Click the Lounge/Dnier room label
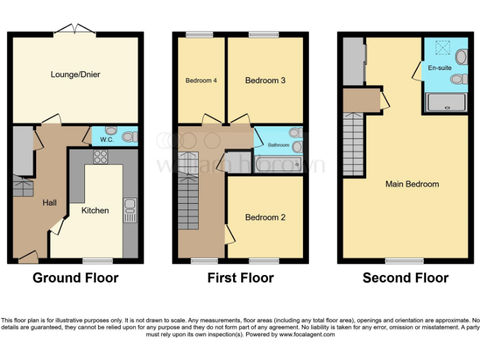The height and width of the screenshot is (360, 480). [x=75, y=75]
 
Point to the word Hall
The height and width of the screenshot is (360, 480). [x=49, y=202]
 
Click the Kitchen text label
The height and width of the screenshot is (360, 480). [x=95, y=211]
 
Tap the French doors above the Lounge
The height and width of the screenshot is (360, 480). [x=74, y=29]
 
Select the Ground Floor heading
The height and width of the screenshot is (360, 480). [x=75, y=277]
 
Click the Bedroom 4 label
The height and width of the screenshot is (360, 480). [x=201, y=81]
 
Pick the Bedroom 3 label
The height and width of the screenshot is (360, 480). [x=265, y=81]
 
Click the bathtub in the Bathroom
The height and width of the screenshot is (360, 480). [x=278, y=164]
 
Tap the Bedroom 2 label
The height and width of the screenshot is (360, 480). [x=265, y=217]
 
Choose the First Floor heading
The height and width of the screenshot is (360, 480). [x=241, y=277]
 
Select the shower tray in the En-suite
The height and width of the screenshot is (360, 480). [x=446, y=102]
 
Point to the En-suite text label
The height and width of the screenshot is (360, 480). [x=439, y=67]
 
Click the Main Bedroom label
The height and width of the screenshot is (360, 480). [x=412, y=184]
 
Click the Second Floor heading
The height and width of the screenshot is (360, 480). [x=405, y=277]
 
